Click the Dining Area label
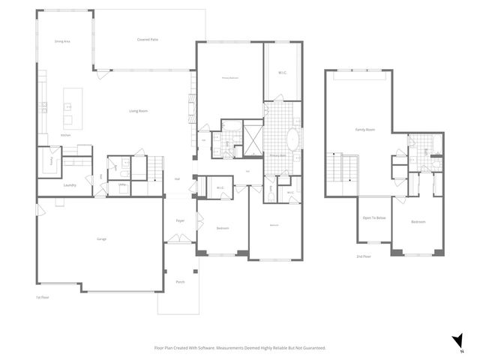pyautogui.click(x=62, y=42)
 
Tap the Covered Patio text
pyautogui.click(x=147, y=39)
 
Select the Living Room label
pyautogui.click(x=138, y=111)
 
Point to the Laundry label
pyautogui.click(x=70, y=184)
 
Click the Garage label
pyautogui.click(x=100, y=238)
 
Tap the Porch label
pyautogui.click(x=180, y=282)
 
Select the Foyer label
pyautogui.click(x=181, y=220)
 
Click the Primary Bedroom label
pyautogui.click(x=229, y=77)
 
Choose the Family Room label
pyautogui.click(x=365, y=130)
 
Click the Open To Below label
pyautogui.click(x=373, y=218)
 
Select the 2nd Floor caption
pyautogui.click(x=364, y=256)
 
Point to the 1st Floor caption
pyautogui.click(x=43, y=298)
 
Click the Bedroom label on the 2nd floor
pyautogui.click(x=418, y=223)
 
